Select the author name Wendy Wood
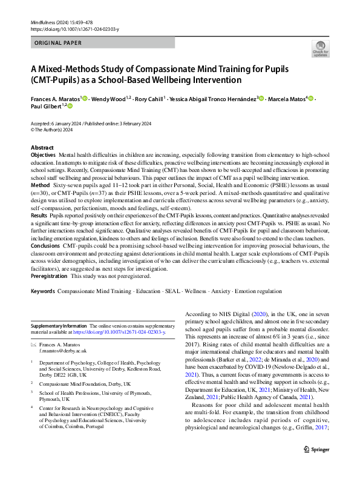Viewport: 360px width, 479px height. point(110,99)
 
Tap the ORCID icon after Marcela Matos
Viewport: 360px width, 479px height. point(311,99)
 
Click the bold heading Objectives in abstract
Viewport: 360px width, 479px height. point(44,156)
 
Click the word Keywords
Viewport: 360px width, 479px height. point(43,292)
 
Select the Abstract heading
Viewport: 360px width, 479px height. point(42,148)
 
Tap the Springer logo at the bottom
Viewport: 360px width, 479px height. point(315,466)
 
